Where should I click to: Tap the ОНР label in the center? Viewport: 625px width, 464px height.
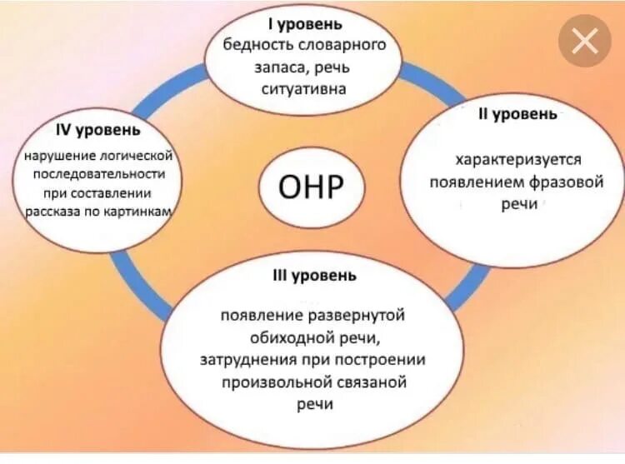[x=312, y=186]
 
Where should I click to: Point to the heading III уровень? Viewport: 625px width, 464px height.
[x=314, y=276]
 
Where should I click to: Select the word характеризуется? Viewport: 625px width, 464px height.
[x=517, y=159]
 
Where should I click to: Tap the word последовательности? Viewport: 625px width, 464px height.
[x=97, y=175]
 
